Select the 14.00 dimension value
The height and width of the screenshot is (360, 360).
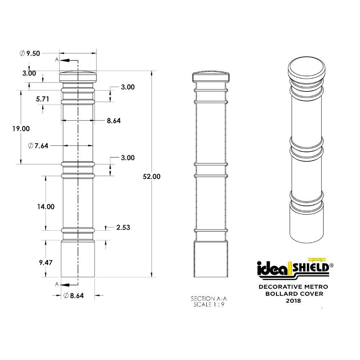[x=45, y=207]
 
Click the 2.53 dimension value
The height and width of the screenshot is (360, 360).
[x=123, y=228]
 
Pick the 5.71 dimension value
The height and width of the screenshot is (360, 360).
[x=42, y=99]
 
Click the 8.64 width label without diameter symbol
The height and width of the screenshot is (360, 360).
[x=113, y=121]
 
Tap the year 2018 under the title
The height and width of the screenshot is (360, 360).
[x=293, y=300]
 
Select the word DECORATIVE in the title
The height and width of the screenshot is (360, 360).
[x=280, y=287]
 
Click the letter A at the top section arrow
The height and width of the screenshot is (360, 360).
[x=57, y=60]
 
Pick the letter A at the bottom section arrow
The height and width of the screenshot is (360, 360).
[x=57, y=284]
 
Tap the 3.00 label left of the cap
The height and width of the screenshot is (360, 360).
[x=29, y=73]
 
